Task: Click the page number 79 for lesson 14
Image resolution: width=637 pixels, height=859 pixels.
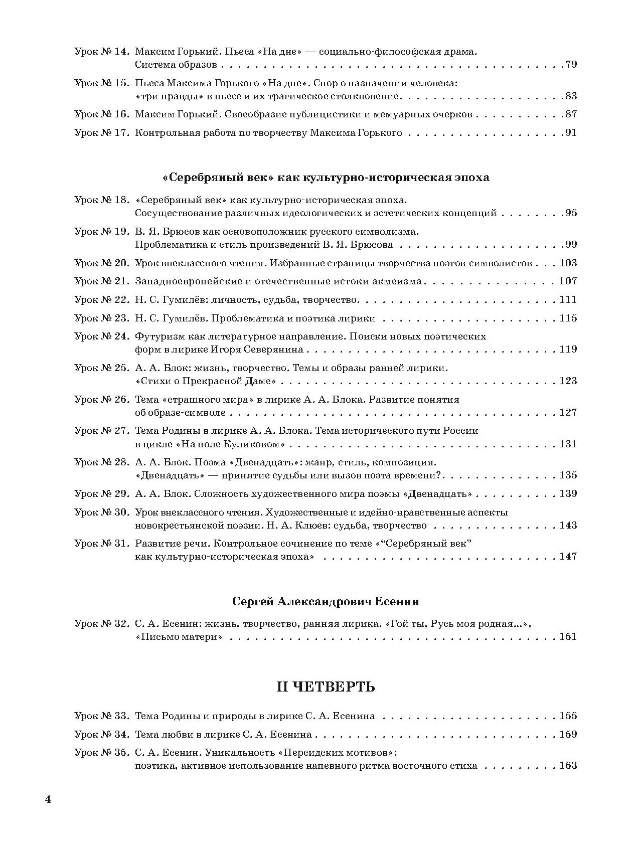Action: point(571,65)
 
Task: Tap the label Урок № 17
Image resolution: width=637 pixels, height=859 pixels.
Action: point(102,133)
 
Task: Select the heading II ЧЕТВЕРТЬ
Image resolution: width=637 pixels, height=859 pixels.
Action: point(326,686)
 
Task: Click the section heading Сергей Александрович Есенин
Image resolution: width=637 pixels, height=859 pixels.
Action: point(326,601)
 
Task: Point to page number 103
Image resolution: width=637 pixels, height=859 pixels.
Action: point(568,263)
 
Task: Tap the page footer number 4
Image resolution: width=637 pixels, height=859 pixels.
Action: point(48,799)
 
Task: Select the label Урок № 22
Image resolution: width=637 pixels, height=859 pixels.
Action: point(102,300)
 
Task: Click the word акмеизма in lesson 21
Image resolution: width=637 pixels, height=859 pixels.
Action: point(397,282)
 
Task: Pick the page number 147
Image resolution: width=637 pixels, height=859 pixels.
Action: point(568,557)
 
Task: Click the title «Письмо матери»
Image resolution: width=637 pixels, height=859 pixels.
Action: point(179,637)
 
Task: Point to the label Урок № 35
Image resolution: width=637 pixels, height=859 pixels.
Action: point(102,753)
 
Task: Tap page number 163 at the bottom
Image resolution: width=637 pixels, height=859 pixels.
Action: point(568,766)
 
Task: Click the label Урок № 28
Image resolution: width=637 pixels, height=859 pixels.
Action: point(102,462)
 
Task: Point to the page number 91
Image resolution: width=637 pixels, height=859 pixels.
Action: point(571,133)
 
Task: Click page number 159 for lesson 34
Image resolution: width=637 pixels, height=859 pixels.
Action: point(568,735)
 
